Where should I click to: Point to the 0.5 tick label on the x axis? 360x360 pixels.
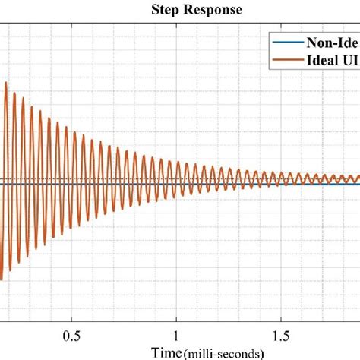coord(72,334)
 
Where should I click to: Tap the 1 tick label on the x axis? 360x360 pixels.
coord(177,334)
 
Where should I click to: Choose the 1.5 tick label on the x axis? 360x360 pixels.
coord(282,334)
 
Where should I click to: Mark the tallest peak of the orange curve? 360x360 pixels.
coord(6,82)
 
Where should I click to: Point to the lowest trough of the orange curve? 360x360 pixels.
coord(3,279)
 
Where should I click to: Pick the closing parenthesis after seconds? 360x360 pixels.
coord(262,352)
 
